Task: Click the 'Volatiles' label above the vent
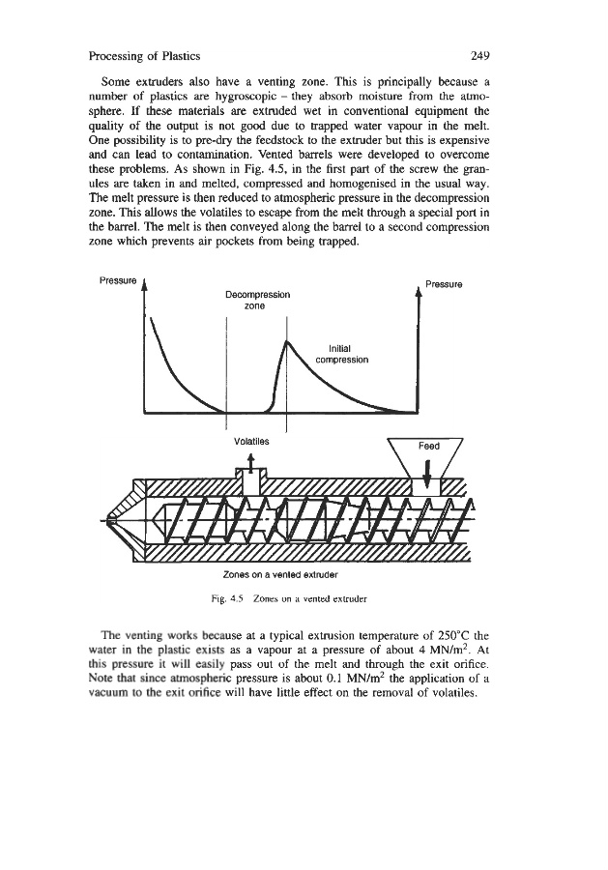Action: [251, 440]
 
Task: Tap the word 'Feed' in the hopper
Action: [427, 448]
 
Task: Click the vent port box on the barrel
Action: [250, 479]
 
